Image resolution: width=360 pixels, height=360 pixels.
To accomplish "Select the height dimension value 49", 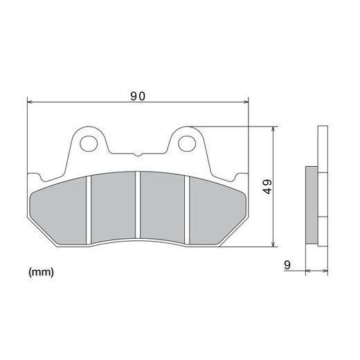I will tap(267, 186).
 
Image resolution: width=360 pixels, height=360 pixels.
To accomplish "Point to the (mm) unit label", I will tap(41, 272).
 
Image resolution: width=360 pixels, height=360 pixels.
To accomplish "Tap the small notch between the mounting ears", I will tap(137, 154).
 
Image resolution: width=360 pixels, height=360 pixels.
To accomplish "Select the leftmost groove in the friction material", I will tap(89, 208).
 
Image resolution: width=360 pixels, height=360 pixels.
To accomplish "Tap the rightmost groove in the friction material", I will tap(186, 208).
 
